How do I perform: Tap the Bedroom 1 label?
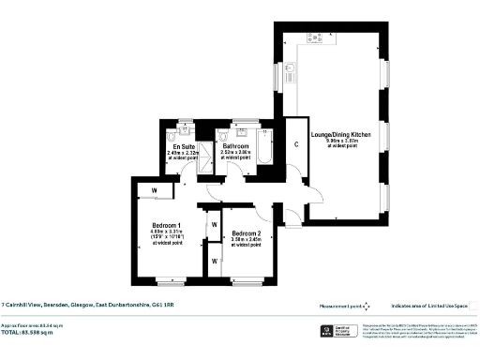pos(167,225)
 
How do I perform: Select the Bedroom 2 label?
pos(246,232)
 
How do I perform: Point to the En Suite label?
pos(183,146)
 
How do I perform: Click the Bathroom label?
pos(234,146)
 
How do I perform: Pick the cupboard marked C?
pos(296,144)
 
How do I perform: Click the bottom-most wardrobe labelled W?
pos(214,261)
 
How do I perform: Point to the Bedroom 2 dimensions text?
pos(246,240)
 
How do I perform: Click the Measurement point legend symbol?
pos(367,305)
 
